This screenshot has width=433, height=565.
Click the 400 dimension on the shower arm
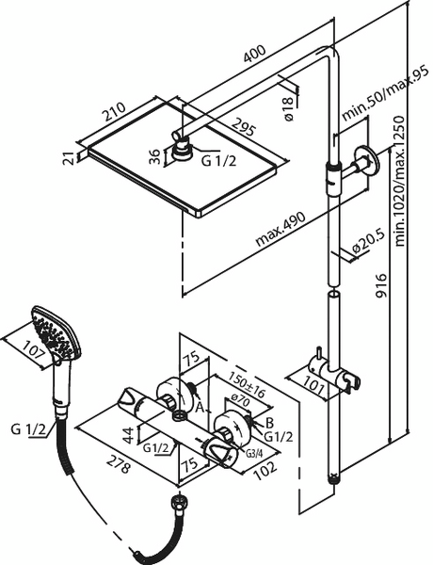tap(255, 54)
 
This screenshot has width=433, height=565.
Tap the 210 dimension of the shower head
tap(114, 112)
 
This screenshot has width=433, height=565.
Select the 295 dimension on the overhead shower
tap(244, 127)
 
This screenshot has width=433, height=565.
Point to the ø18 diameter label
tap(289, 109)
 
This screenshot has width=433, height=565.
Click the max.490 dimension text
tap(281, 229)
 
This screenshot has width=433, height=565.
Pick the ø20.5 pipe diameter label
tap(368, 242)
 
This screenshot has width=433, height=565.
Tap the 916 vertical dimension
tap(381, 285)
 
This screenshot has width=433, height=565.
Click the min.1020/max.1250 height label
tap(400, 181)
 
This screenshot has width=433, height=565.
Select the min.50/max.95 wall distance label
tap(385, 92)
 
